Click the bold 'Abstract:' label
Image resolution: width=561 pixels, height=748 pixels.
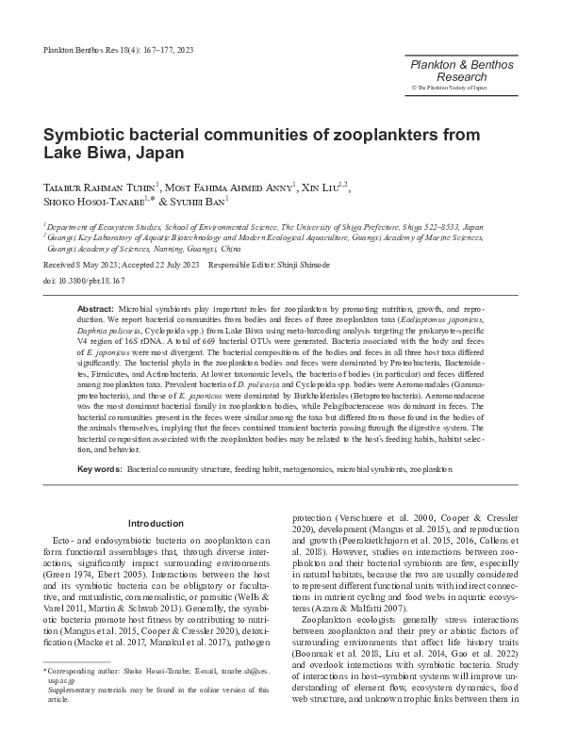(x=95, y=309)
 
